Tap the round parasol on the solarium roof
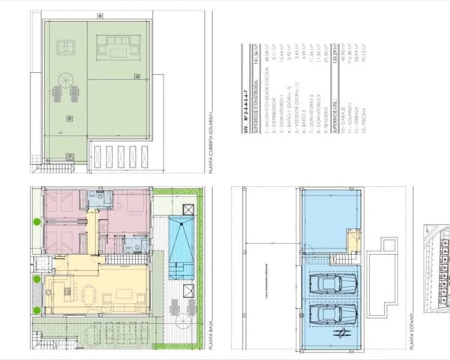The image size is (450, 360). [65, 79]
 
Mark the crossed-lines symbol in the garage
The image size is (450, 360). [341, 332]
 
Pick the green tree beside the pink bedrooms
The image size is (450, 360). [36, 220]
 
